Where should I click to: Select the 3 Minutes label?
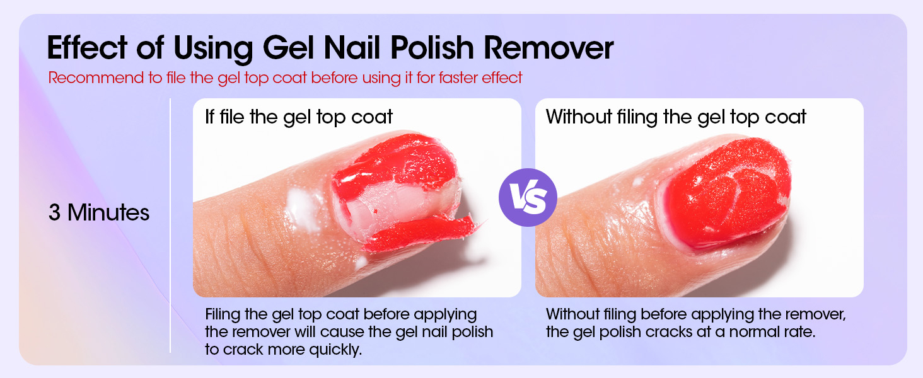point(99,213)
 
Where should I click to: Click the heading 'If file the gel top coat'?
point(299,117)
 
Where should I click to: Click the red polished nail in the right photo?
point(725,189)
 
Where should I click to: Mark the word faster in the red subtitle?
point(451,78)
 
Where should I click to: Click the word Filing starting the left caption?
point(223,314)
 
